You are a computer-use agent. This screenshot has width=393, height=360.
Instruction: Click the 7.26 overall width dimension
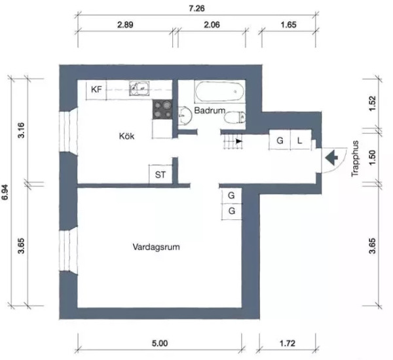196,9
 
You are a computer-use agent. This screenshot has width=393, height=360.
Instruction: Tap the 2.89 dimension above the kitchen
125,25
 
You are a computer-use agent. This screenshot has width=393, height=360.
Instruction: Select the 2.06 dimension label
212,25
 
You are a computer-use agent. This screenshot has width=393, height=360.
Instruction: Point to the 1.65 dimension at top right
288,25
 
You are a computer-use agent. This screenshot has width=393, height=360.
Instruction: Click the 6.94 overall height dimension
5,192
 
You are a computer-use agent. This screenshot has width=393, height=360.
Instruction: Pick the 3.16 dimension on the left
22,130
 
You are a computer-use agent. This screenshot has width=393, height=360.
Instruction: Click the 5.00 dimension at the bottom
160,343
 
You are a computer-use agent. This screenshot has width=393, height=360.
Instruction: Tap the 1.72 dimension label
288,343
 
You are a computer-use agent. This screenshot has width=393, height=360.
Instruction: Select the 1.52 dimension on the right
373,103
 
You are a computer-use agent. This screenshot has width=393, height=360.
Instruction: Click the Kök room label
126,136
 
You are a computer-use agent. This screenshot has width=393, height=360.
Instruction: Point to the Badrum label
210,111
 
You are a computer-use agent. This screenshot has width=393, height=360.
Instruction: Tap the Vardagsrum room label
156,247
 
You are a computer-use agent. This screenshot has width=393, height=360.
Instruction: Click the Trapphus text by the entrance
355,159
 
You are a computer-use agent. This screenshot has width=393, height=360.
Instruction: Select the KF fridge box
96,90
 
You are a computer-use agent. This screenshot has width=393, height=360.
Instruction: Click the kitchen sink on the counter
139,88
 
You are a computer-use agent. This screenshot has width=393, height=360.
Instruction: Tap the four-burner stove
162,109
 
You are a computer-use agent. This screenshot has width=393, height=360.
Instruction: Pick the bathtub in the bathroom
219,92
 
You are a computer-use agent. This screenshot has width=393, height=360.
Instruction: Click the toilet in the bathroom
234,118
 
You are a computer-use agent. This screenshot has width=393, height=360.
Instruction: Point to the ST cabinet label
160,175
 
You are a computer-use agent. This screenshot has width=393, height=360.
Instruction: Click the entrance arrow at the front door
331,158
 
